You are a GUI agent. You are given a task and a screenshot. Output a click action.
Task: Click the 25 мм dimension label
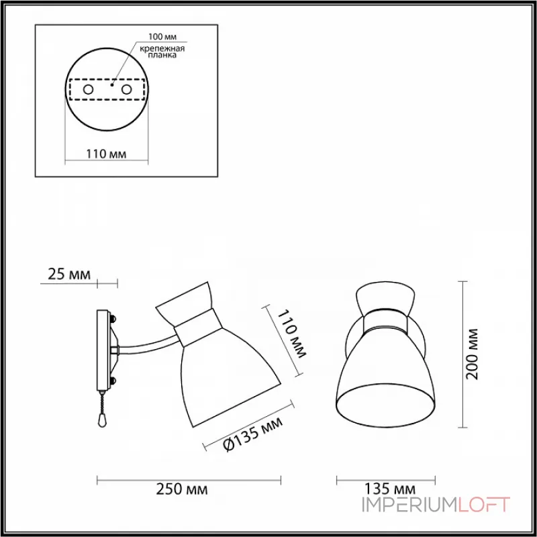pos(69,275)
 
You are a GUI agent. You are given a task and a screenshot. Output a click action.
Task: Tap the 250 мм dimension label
pos(181,489)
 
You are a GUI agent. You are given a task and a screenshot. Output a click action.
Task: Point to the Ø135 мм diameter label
pos(254,434)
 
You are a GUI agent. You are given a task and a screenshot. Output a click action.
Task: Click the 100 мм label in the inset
pos(162,36)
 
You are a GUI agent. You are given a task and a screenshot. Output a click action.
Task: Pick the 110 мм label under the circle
pos(106,154)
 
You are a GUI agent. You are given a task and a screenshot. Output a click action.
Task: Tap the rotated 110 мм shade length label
pos(291,334)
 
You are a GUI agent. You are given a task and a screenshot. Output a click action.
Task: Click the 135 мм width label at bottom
pos(389,489)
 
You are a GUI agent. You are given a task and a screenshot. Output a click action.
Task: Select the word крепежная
pos(162,48)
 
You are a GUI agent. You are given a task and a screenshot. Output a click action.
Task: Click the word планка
pos(162,56)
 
